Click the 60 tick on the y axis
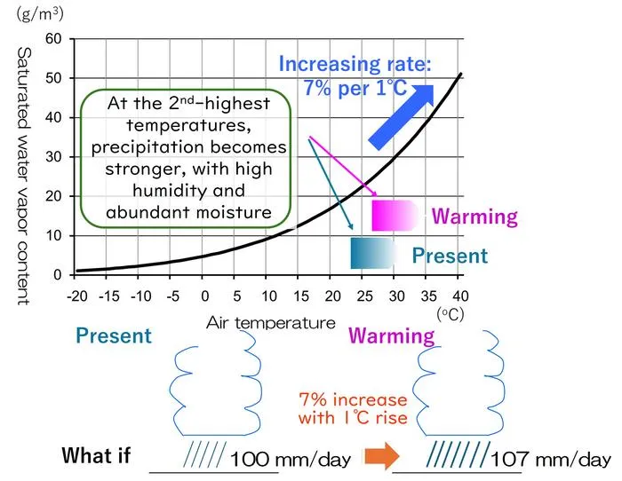(x=53, y=39)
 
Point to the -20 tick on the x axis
(x=77, y=296)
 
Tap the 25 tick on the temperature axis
(x=364, y=296)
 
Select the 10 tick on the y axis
(x=53, y=236)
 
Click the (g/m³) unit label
(x=40, y=14)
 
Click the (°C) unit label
(x=451, y=314)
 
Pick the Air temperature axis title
(x=271, y=323)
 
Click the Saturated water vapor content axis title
(x=24, y=177)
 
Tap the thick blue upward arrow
(x=402, y=117)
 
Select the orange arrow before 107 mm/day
(x=382, y=456)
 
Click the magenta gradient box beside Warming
(x=395, y=216)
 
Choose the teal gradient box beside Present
(x=374, y=253)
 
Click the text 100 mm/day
(x=291, y=460)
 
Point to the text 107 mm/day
(x=551, y=460)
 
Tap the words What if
(x=96, y=455)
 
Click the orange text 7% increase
(x=353, y=399)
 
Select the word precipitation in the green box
(x=148, y=148)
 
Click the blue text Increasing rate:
(x=355, y=64)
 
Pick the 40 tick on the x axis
(x=460, y=296)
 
